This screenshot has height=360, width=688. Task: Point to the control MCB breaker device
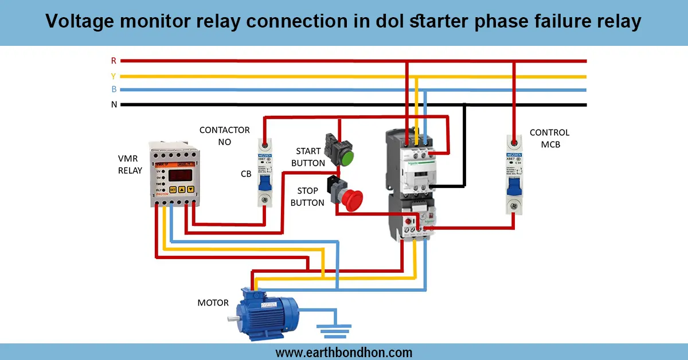pos(514,174)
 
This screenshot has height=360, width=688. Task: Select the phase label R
pos(114,60)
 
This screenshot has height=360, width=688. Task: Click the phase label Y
pos(114,75)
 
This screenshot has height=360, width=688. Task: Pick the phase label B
pos(114,89)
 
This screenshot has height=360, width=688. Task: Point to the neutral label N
pos(114,104)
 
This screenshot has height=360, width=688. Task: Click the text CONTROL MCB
pos(549,139)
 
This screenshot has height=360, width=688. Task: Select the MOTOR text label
pos(213,303)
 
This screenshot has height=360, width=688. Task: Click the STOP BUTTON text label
pos(308,197)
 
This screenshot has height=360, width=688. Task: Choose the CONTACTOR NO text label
pos(224,136)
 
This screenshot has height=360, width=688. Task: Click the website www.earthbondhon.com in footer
pos(343,352)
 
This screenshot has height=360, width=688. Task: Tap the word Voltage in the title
pos(80,22)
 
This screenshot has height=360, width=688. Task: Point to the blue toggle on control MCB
pos(514,185)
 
